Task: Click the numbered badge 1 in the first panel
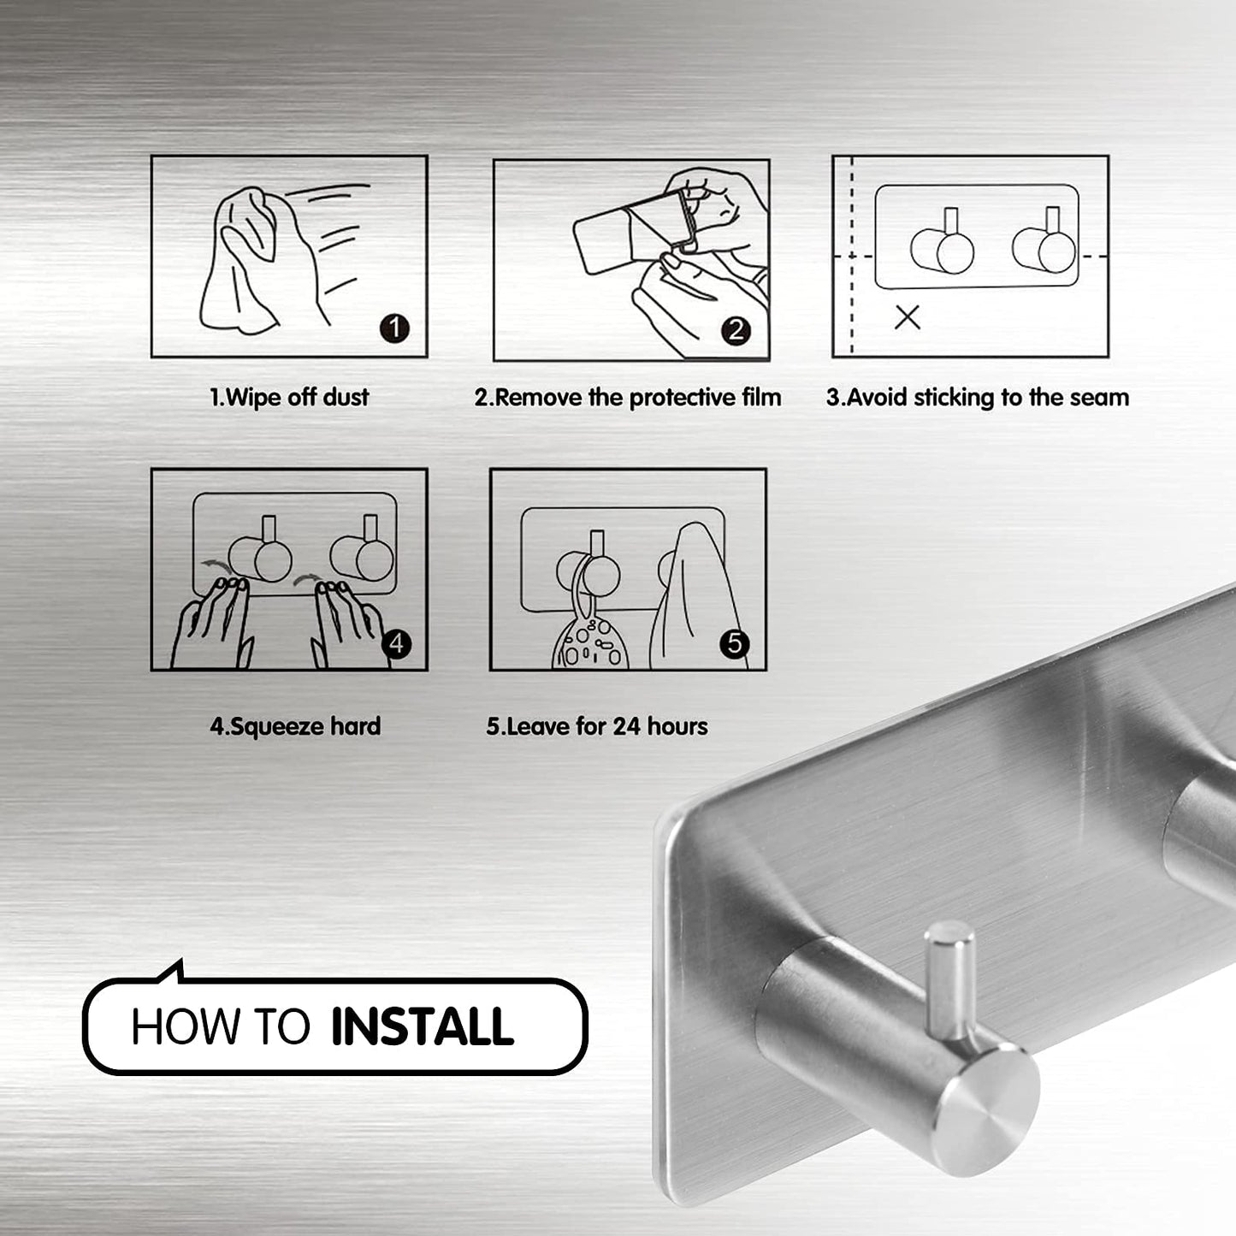[394, 328]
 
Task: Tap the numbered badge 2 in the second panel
[736, 330]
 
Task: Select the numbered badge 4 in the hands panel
[396, 643]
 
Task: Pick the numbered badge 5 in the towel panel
[735, 643]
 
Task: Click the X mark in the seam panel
[907, 317]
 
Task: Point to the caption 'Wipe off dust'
[289, 397]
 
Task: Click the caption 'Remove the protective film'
[628, 398]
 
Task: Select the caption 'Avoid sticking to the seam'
[977, 398]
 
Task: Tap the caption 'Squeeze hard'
[295, 727]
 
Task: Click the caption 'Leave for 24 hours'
[597, 727]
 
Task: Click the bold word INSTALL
[422, 1027]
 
